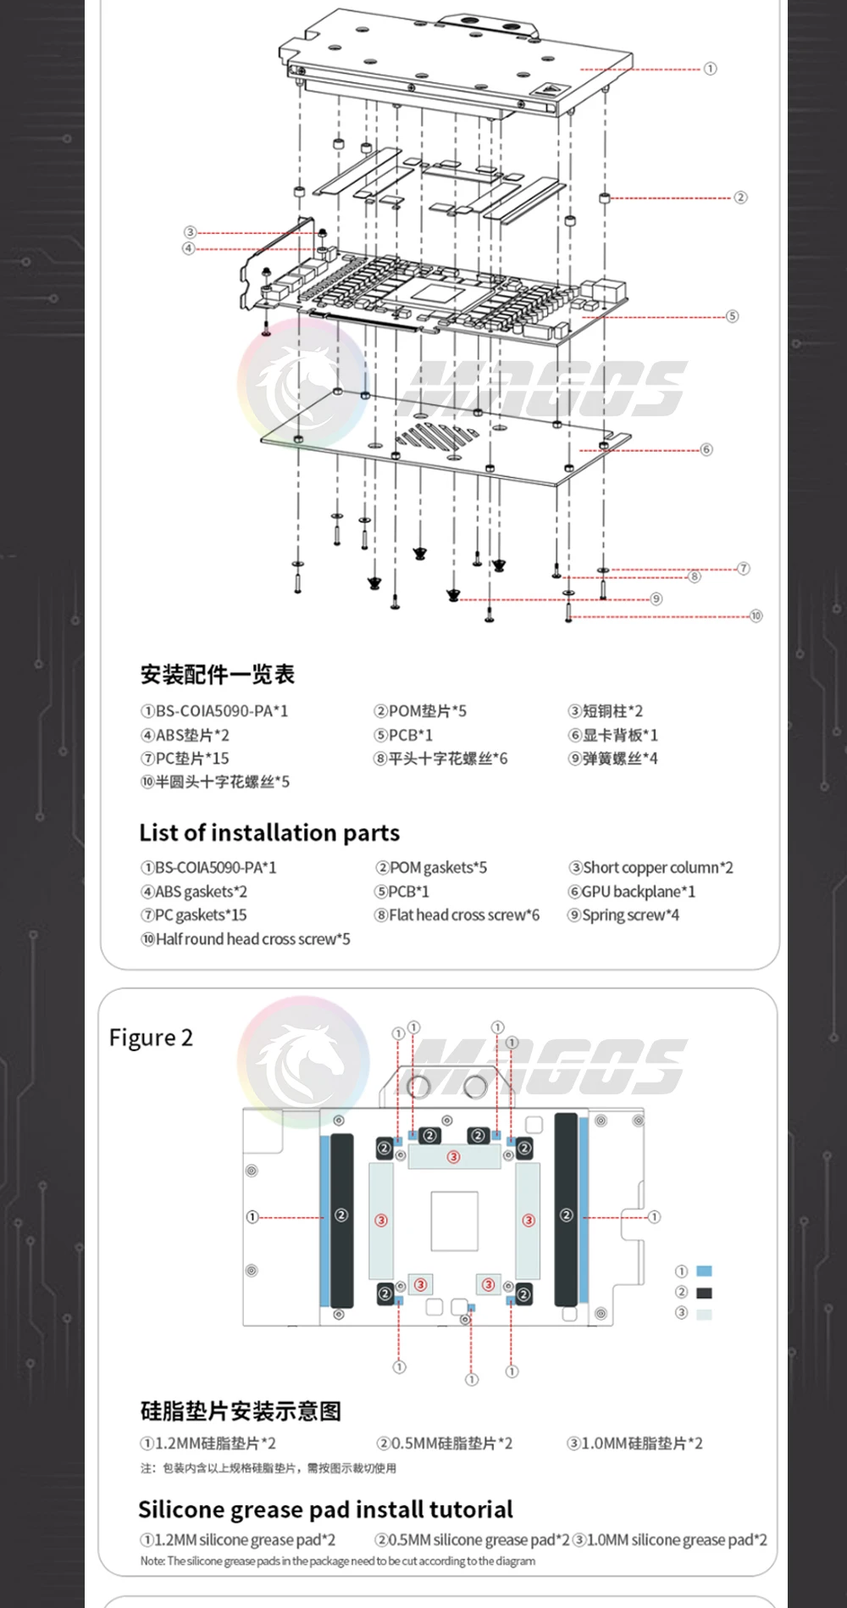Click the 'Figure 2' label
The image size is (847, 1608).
point(151,1038)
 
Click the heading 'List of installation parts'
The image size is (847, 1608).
point(269,832)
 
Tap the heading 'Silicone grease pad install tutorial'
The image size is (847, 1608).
point(325,1509)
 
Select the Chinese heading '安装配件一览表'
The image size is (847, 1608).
point(218,675)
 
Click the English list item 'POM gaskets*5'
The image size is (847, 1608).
point(431,867)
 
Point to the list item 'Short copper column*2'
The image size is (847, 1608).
point(650,867)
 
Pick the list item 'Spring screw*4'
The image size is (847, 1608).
point(623,915)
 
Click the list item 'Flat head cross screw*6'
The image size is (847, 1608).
point(457,915)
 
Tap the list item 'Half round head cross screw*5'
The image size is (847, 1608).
point(246,938)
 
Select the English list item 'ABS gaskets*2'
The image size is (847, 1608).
point(194,891)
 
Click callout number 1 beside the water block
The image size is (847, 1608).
point(710,69)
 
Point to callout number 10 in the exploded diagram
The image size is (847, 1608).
point(756,615)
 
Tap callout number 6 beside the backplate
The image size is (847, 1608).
point(706,449)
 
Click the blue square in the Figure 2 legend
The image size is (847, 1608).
point(704,1271)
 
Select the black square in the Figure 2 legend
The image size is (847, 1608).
point(704,1293)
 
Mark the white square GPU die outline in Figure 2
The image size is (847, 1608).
point(454,1221)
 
